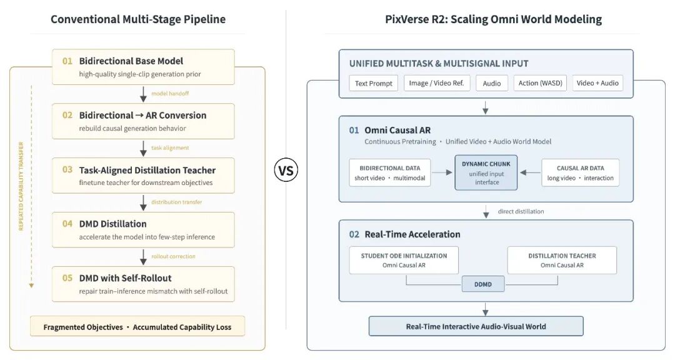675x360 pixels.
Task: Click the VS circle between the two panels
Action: (x=286, y=171)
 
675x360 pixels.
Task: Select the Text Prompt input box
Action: (x=374, y=83)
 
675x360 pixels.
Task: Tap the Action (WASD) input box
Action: (x=540, y=83)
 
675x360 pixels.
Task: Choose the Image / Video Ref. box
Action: (x=436, y=83)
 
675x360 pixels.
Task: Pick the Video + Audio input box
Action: (x=597, y=83)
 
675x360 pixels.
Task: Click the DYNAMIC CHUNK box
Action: (x=486, y=172)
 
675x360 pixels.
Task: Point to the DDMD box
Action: (x=483, y=284)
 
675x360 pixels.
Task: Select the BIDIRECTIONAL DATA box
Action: (x=390, y=172)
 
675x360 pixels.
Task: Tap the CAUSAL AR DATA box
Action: (x=580, y=172)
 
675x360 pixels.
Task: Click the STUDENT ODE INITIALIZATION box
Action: (x=404, y=260)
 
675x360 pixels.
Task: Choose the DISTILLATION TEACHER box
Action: (x=562, y=260)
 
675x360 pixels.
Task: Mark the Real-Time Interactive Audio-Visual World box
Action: (x=476, y=326)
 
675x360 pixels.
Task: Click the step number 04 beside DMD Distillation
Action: (x=67, y=224)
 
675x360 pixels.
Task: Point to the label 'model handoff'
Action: (x=170, y=94)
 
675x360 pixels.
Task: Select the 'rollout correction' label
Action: (x=174, y=256)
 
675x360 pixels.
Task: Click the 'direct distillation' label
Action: (x=521, y=211)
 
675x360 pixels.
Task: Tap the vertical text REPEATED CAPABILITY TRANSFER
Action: (x=21, y=186)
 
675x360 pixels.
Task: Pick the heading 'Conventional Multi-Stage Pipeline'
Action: (x=138, y=19)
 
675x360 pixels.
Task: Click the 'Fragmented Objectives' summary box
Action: (x=137, y=326)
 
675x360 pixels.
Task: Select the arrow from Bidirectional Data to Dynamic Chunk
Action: (x=442, y=172)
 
